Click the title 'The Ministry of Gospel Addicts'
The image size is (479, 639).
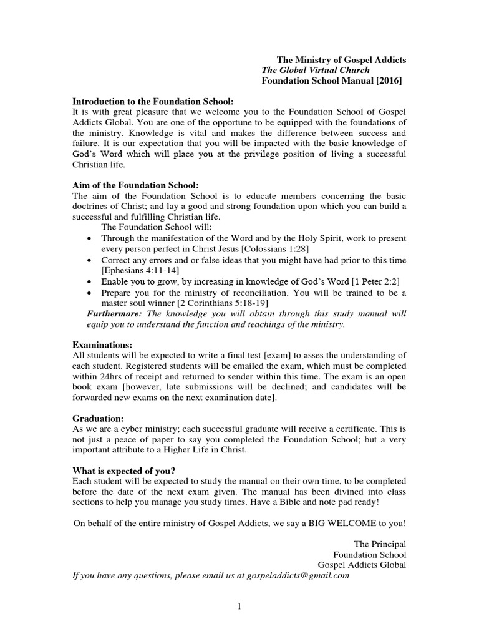coord(341,60)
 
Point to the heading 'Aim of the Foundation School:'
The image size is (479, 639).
coord(136,185)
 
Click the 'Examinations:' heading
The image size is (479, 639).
coord(102,344)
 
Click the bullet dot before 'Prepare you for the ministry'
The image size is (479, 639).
coord(90,293)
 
